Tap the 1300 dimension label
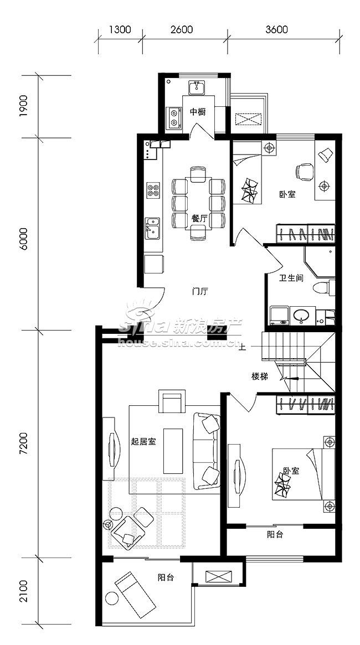click(x=120, y=29)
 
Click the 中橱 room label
click(x=198, y=112)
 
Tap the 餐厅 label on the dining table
click(x=199, y=219)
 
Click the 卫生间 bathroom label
click(x=291, y=278)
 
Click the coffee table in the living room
click(x=173, y=451)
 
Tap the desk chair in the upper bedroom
click(x=305, y=172)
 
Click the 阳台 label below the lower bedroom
click(x=275, y=535)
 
